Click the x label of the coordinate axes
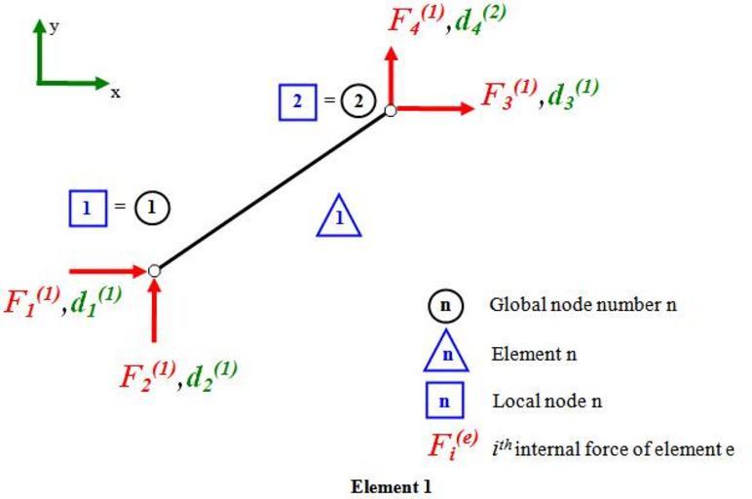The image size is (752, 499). pyautogui.click(x=115, y=93)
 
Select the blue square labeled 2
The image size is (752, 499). pyautogui.click(x=297, y=101)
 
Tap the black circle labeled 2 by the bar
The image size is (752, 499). pyautogui.click(x=358, y=101)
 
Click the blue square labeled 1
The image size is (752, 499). pyautogui.click(x=88, y=207)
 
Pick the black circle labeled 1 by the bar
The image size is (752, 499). pyautogui.click(x=151, y=207)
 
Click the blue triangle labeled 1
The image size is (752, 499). pyautogui.click(x=338, y=216)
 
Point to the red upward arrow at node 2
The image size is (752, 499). pyautogui.click(x=391, y=73)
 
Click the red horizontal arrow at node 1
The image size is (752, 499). pyautogui.click(x=107, y=270)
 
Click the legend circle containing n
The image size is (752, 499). pyautogui.click(x=446, y=305)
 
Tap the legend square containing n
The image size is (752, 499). pyautogui.click(x=446, y=402)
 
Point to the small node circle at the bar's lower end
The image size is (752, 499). pyautogui.click(x=155, y=270)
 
